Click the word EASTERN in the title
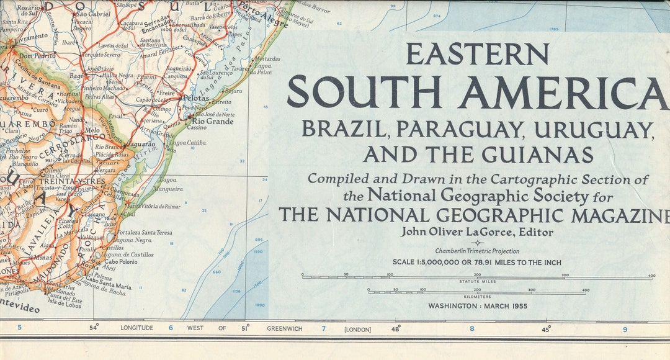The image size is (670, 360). tap(477, 55)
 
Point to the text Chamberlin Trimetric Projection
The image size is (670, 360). tap(477, 251)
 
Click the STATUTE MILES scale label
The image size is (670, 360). tap(477, 281)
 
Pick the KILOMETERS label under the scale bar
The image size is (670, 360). tap(477, 295)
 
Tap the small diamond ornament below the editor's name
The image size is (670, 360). tap(477, 243)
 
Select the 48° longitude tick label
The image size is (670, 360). tap(396, 328)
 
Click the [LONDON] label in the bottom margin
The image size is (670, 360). tap(357, 329)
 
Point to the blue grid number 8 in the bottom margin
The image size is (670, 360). tap(471, 329)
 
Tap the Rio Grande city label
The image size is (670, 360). tap(214, 122)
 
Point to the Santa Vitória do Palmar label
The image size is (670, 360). tap(153, 205)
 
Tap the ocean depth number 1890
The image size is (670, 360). tap(259, 305)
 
